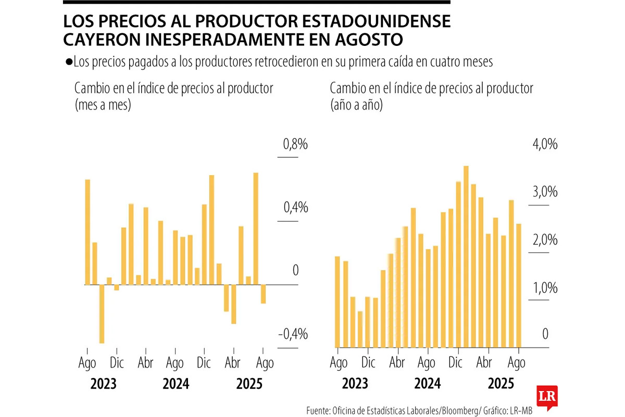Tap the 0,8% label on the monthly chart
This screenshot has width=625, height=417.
click(x=295, y=144)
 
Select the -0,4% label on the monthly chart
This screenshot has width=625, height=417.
click(x=293, y=334)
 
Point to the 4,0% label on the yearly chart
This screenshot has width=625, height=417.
click(x=545, y=144)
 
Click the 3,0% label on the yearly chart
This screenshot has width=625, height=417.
click(x=545, y=192)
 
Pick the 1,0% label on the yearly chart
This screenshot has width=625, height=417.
click(x=545, y=288)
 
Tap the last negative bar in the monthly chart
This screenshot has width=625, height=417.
click(x=264, y=294)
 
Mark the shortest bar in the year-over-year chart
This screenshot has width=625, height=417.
click(x=360, y=329)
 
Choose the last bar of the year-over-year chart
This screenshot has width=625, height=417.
click(x=519, y=285)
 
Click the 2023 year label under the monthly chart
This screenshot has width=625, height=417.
click(x=103, y=385)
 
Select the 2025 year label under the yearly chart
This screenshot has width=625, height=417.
click(x=501, y=385)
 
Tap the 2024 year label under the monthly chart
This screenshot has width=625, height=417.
click(x=176, y=385)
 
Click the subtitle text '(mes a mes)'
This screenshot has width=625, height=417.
click(x=103, y=105)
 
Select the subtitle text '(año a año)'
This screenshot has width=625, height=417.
click(x=356, y=105)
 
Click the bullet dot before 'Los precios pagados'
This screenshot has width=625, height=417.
click(x=69, y=62)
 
